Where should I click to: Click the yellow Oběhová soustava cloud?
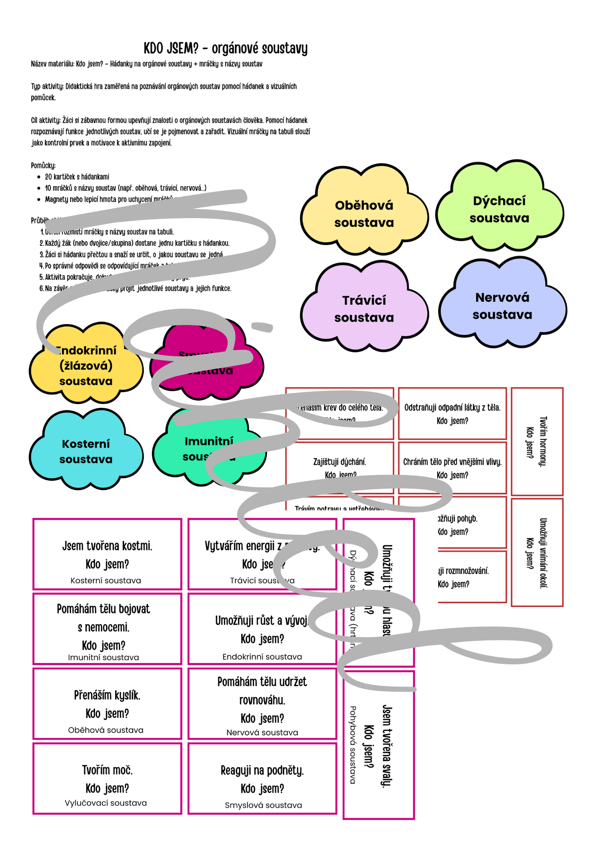click(364, 214)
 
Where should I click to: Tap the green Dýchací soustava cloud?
click(499, 209)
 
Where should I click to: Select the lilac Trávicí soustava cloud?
click(364, 309)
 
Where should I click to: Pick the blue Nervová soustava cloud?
click(502, 306)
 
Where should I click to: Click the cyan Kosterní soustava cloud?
click(86, 451)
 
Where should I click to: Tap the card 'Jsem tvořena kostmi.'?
click(107, 554)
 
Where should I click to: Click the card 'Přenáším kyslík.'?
click(107, 704)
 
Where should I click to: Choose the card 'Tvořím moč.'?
click(107, 778)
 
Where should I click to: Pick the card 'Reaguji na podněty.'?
click(262, 778)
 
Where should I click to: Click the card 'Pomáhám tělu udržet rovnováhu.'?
click(262, 704)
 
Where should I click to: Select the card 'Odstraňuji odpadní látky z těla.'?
click(452, 413)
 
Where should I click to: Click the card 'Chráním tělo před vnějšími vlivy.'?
click(452, 468)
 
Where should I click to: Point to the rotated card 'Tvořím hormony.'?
click(537, 442)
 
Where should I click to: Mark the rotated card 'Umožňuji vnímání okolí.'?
click(537, 552)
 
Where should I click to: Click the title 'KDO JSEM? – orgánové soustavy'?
click(225, 48)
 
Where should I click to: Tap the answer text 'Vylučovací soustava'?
click(106, 803)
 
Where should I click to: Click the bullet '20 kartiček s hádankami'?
click(77, 177)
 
